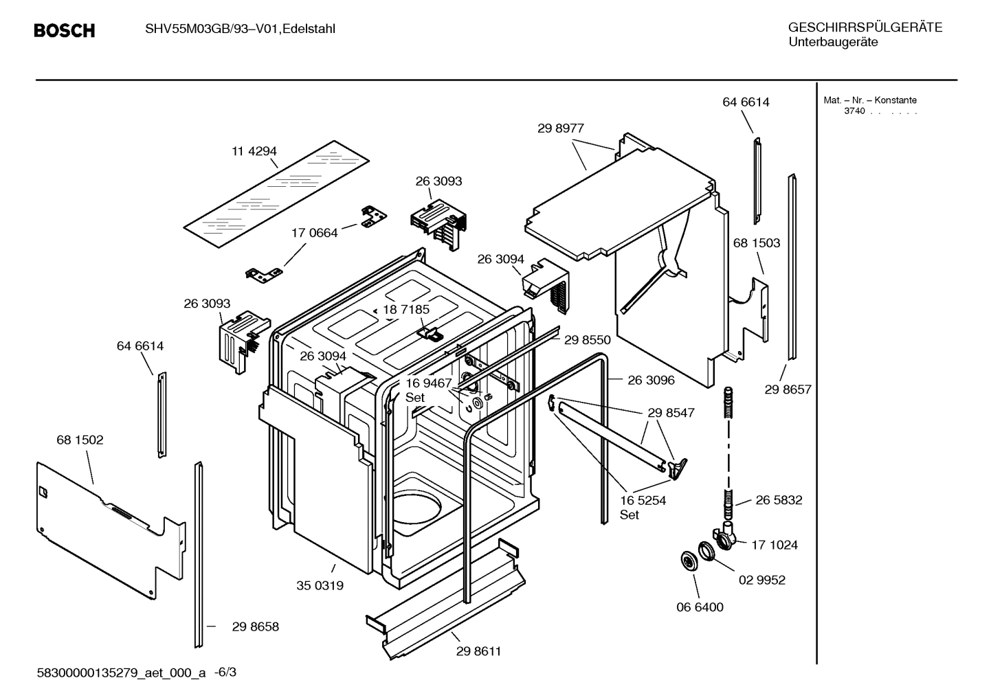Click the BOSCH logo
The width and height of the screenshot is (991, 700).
coord(64,31)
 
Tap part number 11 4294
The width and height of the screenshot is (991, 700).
coord(254,151)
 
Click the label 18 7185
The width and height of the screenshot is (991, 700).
coord(406,310)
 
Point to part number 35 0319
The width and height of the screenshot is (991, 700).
coord(320,586)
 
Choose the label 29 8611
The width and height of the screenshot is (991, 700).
coord(478,651)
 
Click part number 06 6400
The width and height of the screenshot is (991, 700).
coord(700,607)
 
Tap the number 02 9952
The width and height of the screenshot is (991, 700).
coord(761,580)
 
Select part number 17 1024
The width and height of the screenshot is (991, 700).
coord(775,545)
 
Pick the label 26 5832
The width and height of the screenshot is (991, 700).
coord(779,500)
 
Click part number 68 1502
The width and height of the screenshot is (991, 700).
coord(80,440)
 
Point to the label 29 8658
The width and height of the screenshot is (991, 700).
coord(255,626)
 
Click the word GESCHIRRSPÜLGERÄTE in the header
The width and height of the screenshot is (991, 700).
coord(865,27)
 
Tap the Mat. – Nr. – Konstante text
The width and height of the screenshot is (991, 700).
coord(870,100)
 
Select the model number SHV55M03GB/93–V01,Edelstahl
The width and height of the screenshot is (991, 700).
coord(240,29)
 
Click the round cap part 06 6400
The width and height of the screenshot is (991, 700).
coord(687,561)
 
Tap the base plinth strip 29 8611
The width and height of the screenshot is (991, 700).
coord(447,605)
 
